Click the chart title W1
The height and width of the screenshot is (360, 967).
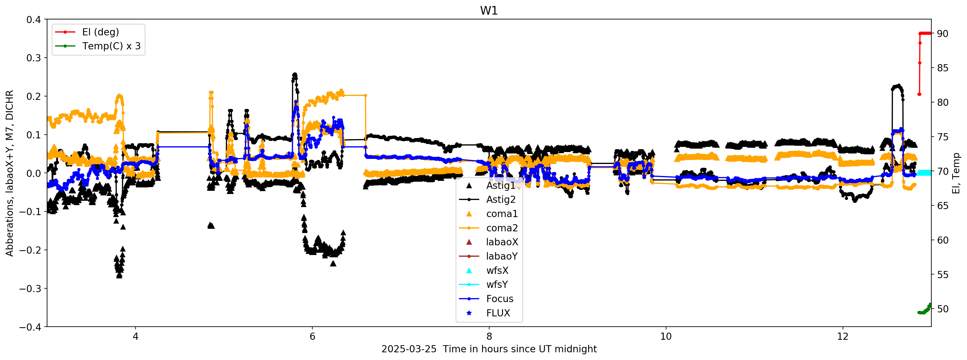489,11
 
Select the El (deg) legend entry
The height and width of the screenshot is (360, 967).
100,32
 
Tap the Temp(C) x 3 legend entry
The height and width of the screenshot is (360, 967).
111,46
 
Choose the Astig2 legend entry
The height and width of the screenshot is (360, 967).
501,200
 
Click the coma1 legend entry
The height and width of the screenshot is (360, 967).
502,214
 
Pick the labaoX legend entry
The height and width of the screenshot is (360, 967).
502,242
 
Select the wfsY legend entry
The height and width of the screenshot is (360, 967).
497,284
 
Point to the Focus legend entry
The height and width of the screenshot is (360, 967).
500,299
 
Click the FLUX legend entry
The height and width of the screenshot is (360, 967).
498,313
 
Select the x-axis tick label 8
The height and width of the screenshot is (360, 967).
489,336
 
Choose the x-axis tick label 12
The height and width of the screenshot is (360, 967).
843,336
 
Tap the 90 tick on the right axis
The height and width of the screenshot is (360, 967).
942,34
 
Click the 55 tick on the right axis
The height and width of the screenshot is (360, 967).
942,275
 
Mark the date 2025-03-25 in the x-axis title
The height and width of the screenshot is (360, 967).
409,349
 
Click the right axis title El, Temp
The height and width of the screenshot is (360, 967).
956,173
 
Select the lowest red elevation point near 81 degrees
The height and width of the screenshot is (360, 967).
919,94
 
